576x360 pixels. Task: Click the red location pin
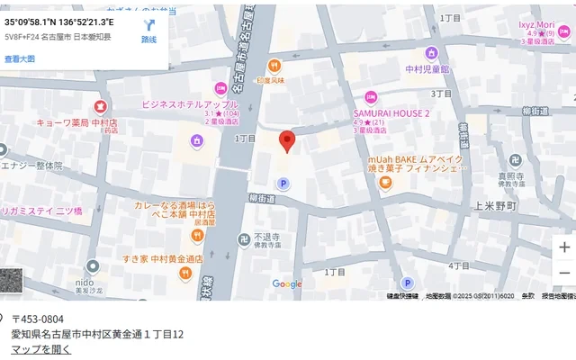click(x=287, y=141)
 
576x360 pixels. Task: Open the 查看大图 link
click(x=20, y=58)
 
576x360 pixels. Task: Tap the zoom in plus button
click(x=563, y=247)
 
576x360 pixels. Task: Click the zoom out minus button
click(x=563, y=273)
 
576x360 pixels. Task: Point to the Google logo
click(x=288, y=284)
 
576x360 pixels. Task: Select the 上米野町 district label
click(x=494, y=205)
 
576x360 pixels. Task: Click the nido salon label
click(x=91, y=267)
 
